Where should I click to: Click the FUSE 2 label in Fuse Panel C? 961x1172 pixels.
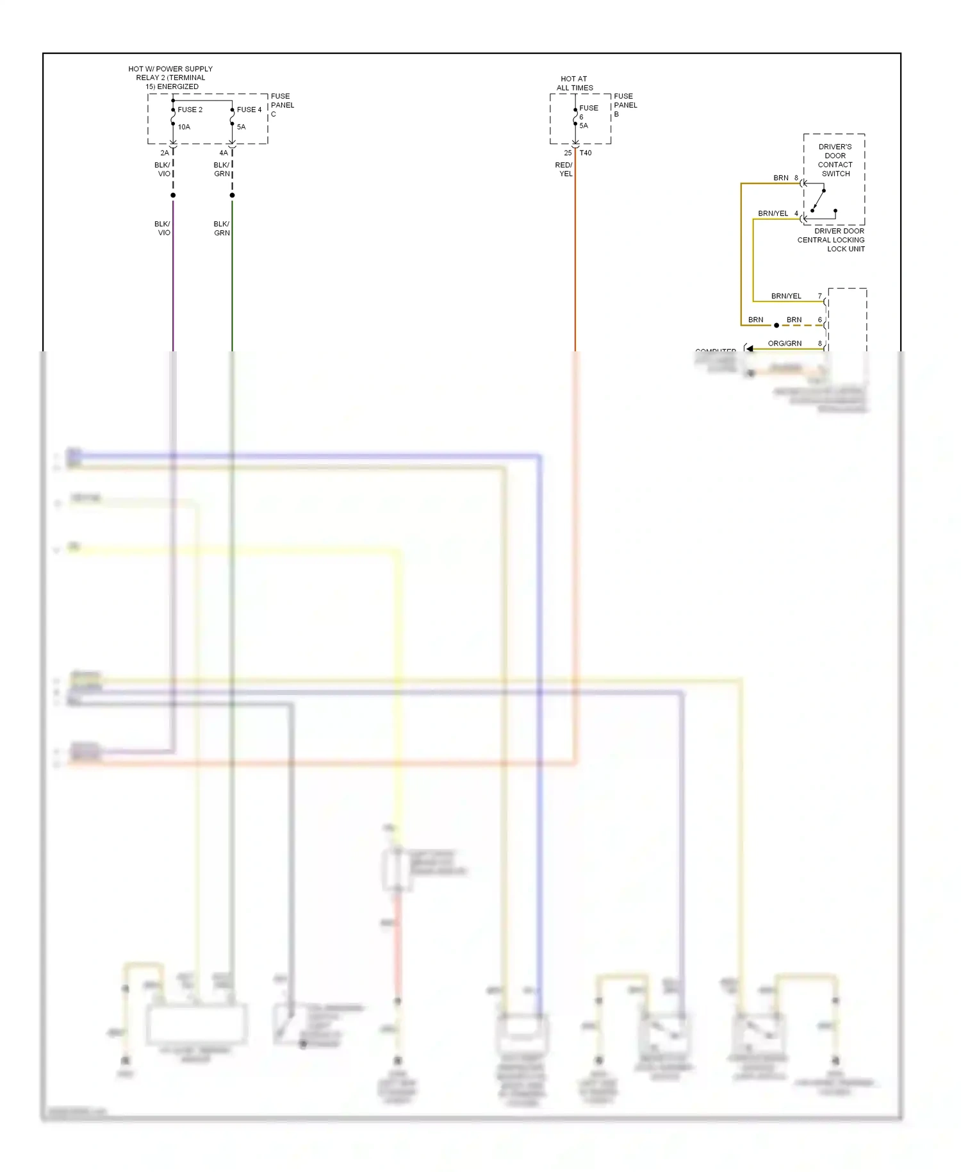point(190,110)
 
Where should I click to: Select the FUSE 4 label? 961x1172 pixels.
point(249,110)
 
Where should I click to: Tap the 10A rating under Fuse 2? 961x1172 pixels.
point(184,127)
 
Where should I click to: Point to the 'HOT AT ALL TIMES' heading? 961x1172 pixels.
point(574,83)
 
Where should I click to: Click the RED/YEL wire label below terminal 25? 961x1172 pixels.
point(564,169)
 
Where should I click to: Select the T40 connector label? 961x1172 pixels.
point(586,153)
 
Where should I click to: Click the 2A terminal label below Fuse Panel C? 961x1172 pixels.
point(165,153)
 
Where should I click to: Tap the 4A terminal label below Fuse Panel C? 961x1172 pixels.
point(224,153)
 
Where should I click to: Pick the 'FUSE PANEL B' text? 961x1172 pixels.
point(625,105)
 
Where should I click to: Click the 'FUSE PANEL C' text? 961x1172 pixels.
point(282,105)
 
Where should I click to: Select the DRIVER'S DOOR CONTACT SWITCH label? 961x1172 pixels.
point(835,160)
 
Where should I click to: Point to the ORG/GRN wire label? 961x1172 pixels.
point(784,344)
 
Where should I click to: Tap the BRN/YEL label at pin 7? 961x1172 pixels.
point(786,296)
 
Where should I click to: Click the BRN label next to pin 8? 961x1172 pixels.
point(780,178)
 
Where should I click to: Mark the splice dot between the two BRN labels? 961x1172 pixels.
point(776,326)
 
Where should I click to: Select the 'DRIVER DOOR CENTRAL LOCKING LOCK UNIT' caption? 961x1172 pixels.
point(832,240)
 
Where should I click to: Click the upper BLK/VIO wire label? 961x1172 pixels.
point(163,169)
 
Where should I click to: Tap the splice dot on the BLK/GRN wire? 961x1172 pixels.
point(232,195)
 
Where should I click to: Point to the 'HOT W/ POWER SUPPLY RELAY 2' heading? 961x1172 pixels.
point(170,78)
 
